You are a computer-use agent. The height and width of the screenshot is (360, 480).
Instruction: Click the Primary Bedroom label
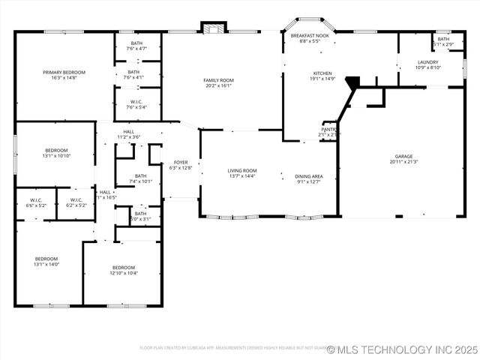point(64,73)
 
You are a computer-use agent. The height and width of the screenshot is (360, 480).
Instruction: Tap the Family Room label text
point(218,80)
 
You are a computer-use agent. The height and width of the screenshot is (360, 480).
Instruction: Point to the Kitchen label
point(322,73)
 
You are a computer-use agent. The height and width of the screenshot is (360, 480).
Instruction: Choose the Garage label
point(404,156)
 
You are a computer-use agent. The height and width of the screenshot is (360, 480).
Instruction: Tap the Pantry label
point(328,130)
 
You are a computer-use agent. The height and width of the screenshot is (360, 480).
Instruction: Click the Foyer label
point(181,162)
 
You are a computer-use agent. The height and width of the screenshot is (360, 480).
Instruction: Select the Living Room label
point(242,170)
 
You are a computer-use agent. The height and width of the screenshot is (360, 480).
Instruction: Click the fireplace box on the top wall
point(212,28)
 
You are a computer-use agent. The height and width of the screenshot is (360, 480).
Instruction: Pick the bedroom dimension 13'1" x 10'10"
point(56,156)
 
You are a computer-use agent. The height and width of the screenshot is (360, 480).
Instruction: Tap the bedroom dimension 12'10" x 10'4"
point(124,273)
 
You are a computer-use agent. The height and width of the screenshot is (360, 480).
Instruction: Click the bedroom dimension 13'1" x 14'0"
point(46,264)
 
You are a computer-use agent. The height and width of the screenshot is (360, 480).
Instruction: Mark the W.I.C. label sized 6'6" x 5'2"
point(36,200)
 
